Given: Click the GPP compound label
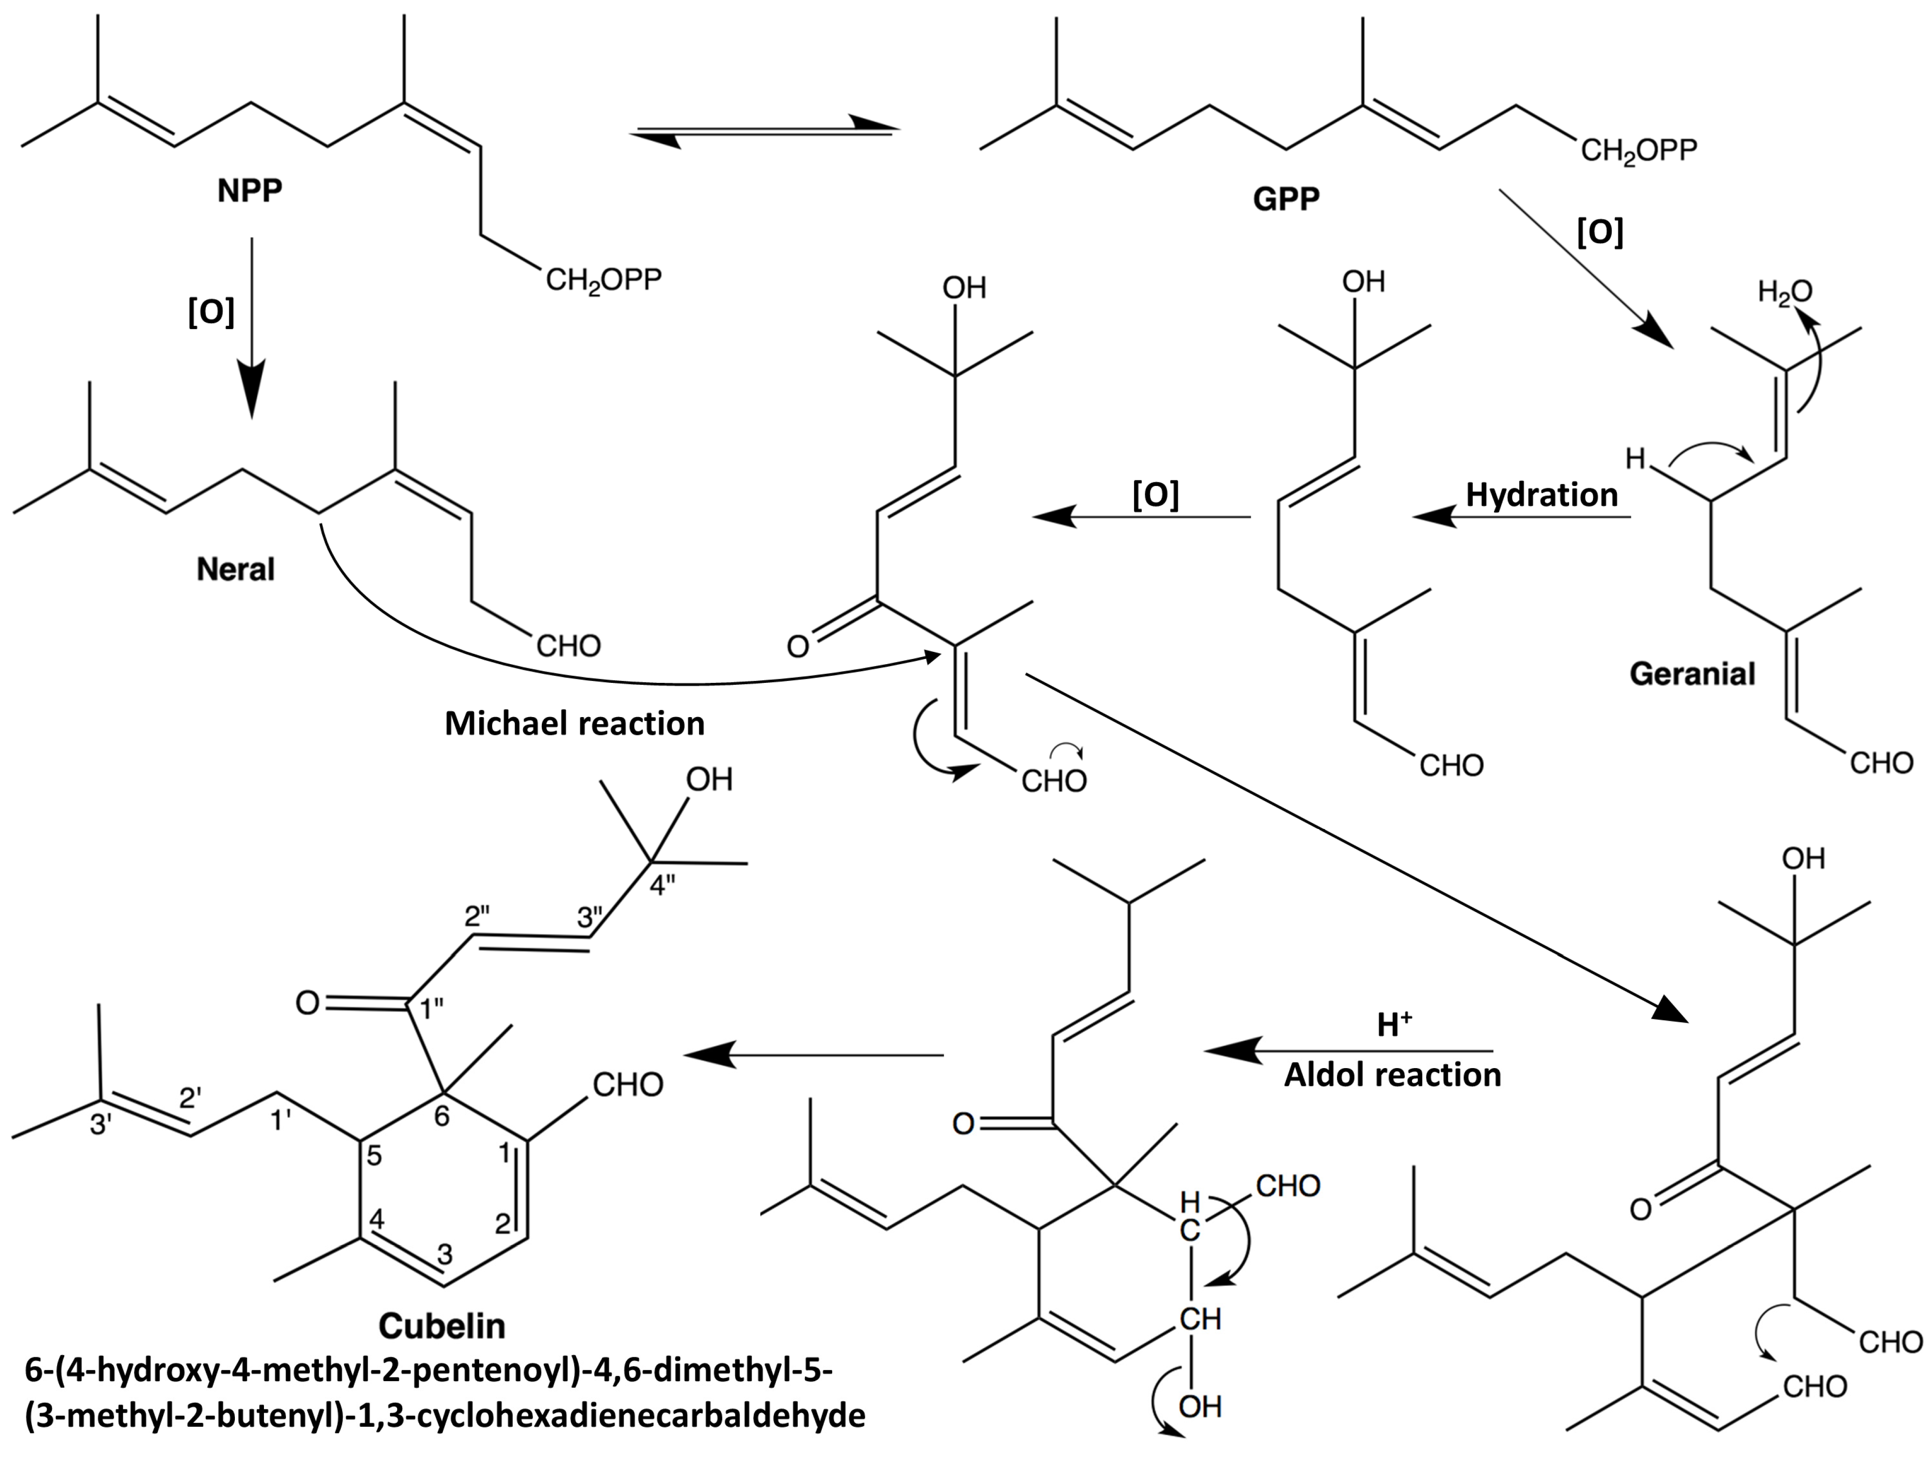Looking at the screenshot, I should pos(1286,200).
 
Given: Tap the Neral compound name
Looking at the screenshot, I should pos(236,569).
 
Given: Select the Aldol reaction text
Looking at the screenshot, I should pos(1392,1075).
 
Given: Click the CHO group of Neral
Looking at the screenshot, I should pos(568,646).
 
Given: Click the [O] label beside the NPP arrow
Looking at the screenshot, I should pos(211,312).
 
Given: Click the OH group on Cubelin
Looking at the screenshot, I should pos(709,779).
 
